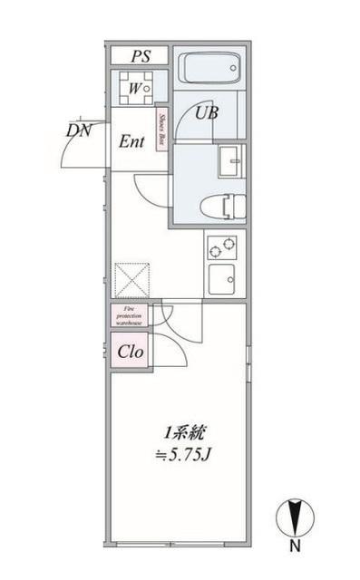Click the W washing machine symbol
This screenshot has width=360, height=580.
(x=136, y=89)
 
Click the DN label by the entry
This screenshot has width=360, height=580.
(x=80, y=130)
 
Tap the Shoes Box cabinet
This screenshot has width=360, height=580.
(x=161, y=129)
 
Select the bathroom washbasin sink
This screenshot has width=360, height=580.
(x=231, y=161)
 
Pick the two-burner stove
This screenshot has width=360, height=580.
(x=223, y=246)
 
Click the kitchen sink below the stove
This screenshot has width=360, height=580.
(x=223, y=278)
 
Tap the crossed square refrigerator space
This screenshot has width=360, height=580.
(x=131, y=278)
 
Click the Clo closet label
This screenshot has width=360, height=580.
(x=130, y=352)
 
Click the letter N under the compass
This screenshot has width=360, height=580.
(x=295, y=546)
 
